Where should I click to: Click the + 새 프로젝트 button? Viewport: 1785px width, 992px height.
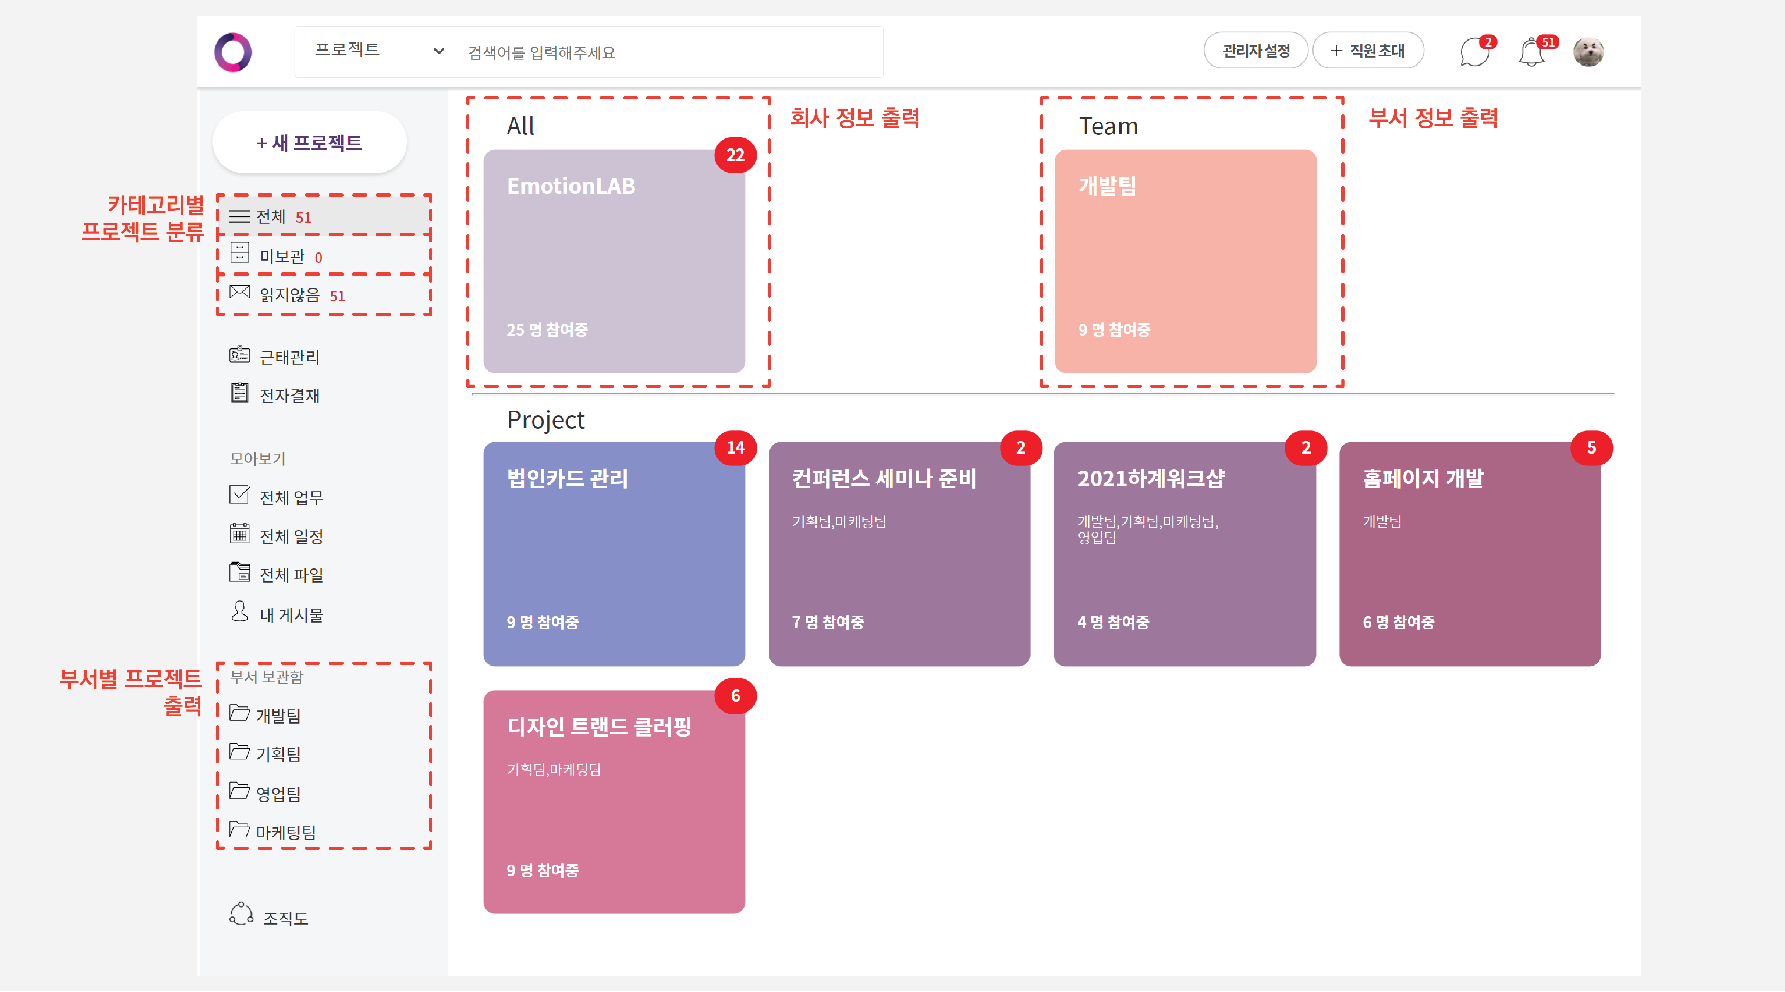coord(309,143)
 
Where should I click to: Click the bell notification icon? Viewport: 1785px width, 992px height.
coord(1531,53)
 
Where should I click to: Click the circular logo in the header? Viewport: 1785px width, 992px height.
coord(233,52)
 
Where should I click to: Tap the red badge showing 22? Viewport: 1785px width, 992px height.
coord(735,155)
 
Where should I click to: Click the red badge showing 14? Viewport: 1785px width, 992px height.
coord(735,448)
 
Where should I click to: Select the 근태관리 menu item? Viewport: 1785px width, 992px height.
coord(288,357)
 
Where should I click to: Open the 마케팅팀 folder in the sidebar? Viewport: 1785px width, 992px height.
coord(285,832)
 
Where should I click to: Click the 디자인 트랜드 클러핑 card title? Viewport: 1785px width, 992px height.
coord(599,727)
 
